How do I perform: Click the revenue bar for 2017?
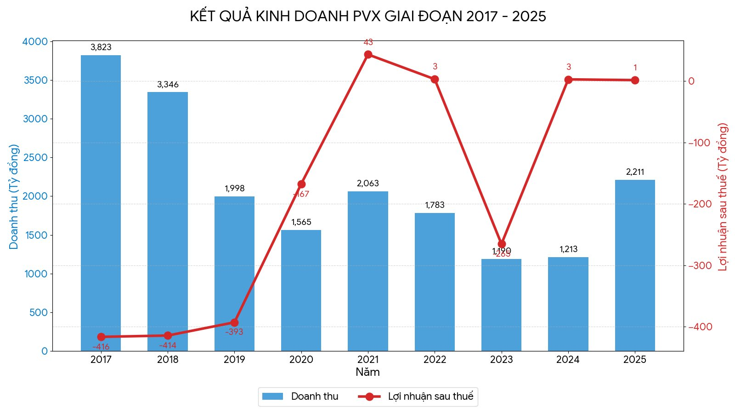[x=101, y=202]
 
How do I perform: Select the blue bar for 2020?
[x=301, y=290]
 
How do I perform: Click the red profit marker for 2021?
[x=368, y=55]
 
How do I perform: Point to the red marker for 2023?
[x=502, y=244]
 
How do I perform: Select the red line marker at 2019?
[x=234, y=322]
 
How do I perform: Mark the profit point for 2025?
[x=635, y=80]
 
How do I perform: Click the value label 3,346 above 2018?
[x=168, y=85]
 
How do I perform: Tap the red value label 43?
[x=368, y=42]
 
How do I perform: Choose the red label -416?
[x=101, y=347]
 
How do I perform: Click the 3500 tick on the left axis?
[x=35, y=80]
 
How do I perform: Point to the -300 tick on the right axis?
[x=700, y=265]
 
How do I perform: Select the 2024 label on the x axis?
[x=568, y=360]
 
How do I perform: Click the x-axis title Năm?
[x=367, y=372]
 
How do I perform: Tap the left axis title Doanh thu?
[x=14, y=196]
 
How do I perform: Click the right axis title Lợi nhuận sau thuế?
[x=723, y=196]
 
